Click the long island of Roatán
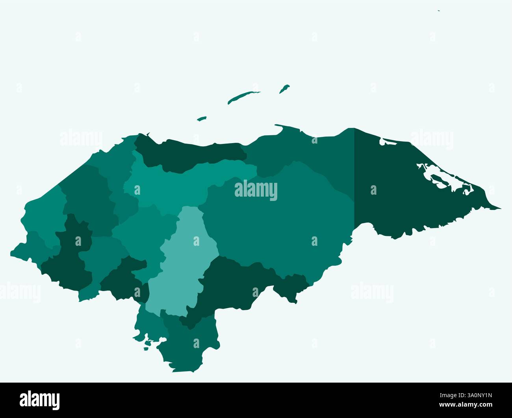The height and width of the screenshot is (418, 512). [243, 97]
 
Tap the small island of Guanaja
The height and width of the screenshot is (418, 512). [284, 89]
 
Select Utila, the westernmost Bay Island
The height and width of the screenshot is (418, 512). [202, 118]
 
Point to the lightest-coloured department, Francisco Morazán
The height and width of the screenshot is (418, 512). [185, 256]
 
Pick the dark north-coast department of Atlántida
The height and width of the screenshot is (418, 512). [189, 155]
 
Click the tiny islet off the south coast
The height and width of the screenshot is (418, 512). [146, 348]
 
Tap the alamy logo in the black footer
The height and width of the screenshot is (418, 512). [40, 400]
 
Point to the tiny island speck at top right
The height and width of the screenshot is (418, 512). [439, 11]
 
